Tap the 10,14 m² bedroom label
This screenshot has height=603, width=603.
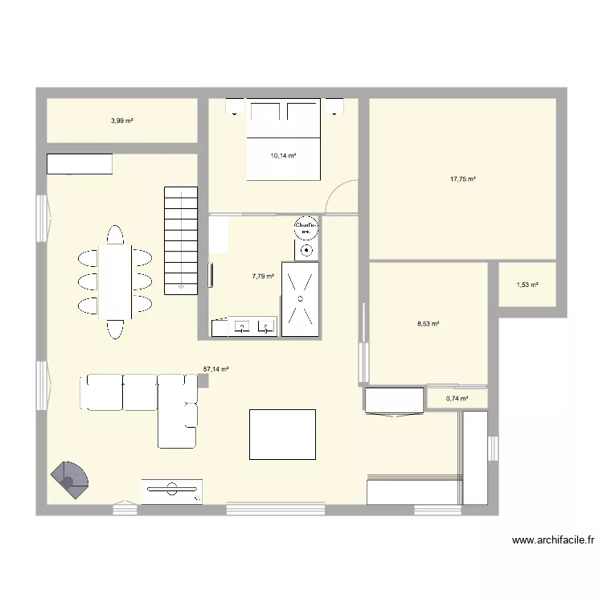pos(284,156)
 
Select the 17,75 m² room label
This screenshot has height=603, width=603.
pos(463,179)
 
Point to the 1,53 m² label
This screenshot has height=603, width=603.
pos(527,284)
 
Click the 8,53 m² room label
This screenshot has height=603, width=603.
pos(428,324)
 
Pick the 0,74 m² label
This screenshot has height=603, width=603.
pos(457,398)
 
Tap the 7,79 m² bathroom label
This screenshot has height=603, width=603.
pos(263,276)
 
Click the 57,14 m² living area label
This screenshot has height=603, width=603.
pos(216,369)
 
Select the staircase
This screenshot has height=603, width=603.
pos(181,240)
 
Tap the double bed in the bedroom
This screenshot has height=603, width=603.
pos(284,138)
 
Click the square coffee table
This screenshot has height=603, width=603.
pos(282,434)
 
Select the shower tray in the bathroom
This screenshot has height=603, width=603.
pos(300,297)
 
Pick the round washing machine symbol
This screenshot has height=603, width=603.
pos(306,228)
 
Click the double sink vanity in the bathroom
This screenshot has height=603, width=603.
pos(244,326)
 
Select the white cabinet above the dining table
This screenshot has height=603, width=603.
pos(80,164)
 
